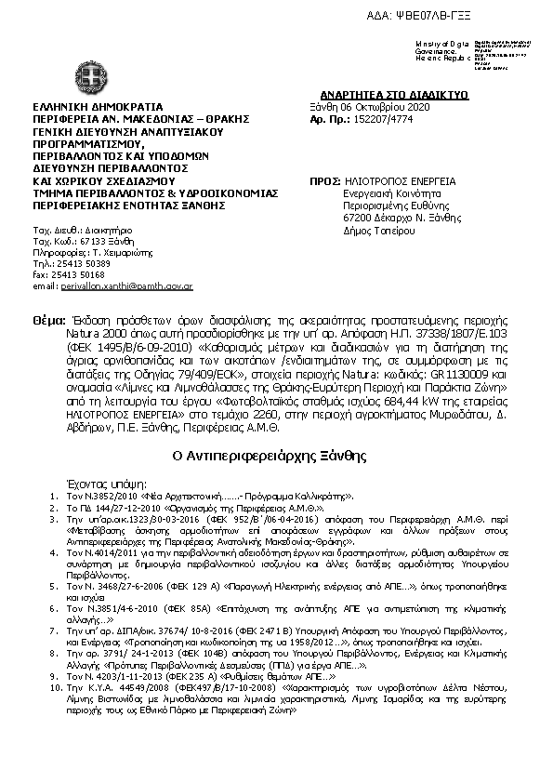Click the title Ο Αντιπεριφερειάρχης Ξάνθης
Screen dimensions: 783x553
click(x=276, y=457)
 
